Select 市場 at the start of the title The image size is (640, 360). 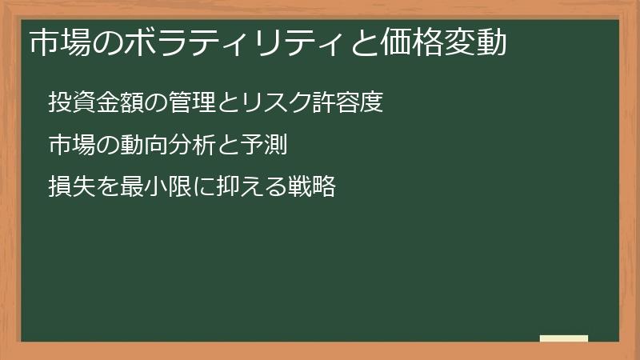[x=58, y=42]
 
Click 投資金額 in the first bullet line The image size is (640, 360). [x=95, y=103]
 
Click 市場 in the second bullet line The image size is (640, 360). [x=71, y=146]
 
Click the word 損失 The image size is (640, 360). [x=71, y=188]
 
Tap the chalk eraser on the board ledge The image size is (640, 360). [x=563, y=339]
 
